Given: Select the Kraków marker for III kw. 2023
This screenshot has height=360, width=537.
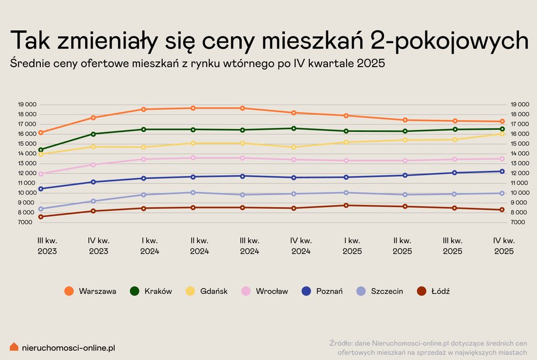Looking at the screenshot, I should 40,150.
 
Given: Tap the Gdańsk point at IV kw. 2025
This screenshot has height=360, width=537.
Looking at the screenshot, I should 502,134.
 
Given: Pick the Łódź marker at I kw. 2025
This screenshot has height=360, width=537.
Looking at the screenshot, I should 346,205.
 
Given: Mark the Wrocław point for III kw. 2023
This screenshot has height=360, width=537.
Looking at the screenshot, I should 40,174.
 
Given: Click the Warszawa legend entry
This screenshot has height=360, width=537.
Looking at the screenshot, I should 90,291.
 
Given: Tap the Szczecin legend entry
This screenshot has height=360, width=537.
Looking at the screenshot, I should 379,291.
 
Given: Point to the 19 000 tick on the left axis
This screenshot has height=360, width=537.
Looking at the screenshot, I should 27,104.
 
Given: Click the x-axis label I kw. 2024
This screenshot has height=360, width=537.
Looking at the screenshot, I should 149,246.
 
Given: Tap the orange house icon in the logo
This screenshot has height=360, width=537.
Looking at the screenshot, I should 14,347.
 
